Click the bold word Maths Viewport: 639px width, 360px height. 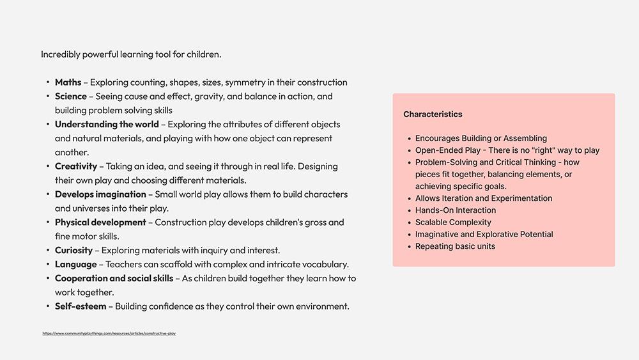68,82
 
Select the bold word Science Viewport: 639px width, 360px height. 70,97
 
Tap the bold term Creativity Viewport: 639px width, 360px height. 75,166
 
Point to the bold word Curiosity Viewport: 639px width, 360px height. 73,250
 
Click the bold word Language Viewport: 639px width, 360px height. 75,264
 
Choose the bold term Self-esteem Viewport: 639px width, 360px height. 81,306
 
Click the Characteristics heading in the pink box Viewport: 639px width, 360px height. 433,114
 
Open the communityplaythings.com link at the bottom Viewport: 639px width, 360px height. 109,333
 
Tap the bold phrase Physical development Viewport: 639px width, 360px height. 100,223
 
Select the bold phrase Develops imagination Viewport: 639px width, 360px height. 100,194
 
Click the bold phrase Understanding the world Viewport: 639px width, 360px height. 107,124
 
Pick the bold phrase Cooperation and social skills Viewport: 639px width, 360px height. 114,278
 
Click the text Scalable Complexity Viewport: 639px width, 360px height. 453,223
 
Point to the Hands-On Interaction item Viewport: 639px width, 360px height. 456,210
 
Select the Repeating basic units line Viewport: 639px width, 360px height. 455,247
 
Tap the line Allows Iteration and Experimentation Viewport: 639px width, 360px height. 484,198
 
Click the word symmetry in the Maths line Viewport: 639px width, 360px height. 246,82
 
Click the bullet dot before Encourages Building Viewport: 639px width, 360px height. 409,139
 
